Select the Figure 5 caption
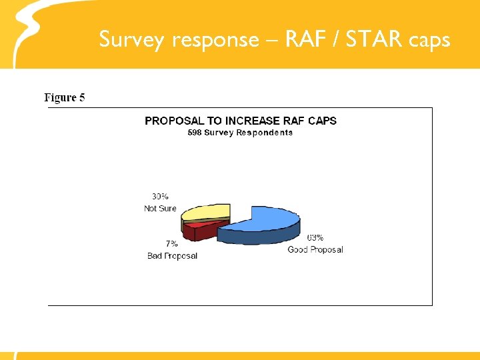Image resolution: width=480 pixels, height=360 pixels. click(x=65, y=98)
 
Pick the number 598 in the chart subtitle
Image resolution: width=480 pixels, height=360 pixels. click(x=194, y=133)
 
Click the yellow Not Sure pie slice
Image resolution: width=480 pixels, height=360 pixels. click(x=207, y=212)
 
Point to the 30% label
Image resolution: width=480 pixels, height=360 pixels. click(x=160, y=197)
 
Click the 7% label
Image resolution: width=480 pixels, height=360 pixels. click(x=171, y=244)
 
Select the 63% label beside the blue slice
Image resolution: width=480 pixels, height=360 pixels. click(x=315, y=238)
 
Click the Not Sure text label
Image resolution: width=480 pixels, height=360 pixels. click(x=160, y=209)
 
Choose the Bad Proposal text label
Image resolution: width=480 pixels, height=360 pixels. click(x=172, y=256)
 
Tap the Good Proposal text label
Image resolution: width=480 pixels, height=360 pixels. click(x=315, y=250)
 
